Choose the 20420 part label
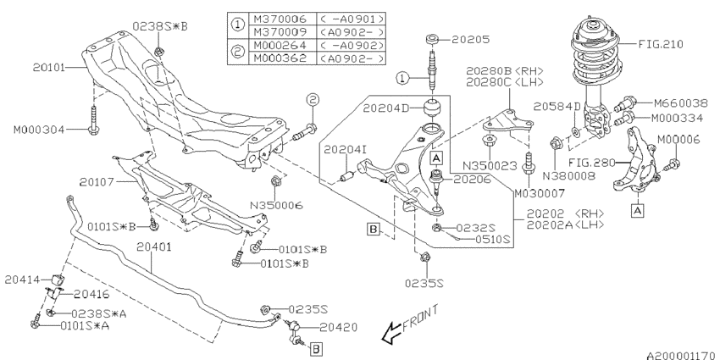tap(340, 326)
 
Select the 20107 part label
tap(99, 180)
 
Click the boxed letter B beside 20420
tap(314, 347)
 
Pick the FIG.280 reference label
tap(593, 160)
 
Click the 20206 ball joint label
tap(472, 180)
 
